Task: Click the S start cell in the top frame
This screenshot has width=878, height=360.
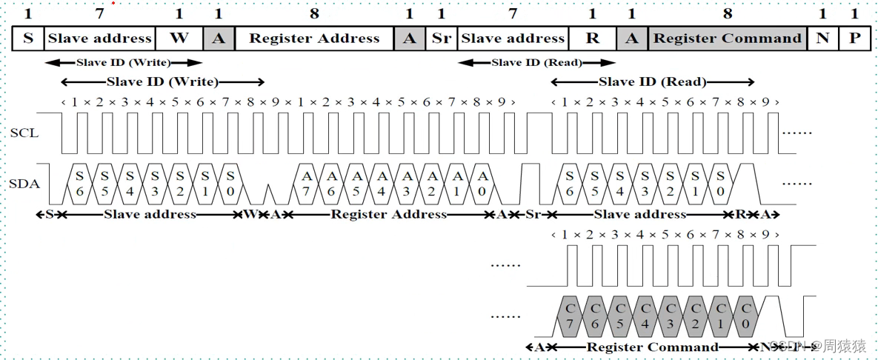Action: tap(28, 39)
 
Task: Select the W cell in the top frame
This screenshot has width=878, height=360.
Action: tap(179, 39)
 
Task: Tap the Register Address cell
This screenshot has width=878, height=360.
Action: tap(314, 39)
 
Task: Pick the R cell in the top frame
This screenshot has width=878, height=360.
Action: tap(592, 39)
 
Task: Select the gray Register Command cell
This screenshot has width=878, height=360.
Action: tap(728, 39)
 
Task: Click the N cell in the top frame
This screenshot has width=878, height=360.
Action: tap(822, 39)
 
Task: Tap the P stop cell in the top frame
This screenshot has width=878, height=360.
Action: tap(855, 39)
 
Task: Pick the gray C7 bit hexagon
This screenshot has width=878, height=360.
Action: tap(570, 315)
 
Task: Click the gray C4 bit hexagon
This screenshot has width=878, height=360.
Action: tap(645, 315)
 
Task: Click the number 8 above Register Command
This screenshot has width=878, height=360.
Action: tap(728, 13)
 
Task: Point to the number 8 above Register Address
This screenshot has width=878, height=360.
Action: tap(314, 13)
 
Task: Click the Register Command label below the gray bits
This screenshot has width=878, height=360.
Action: tap(652, 347)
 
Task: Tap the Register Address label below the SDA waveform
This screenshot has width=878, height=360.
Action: tap(388, 215)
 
